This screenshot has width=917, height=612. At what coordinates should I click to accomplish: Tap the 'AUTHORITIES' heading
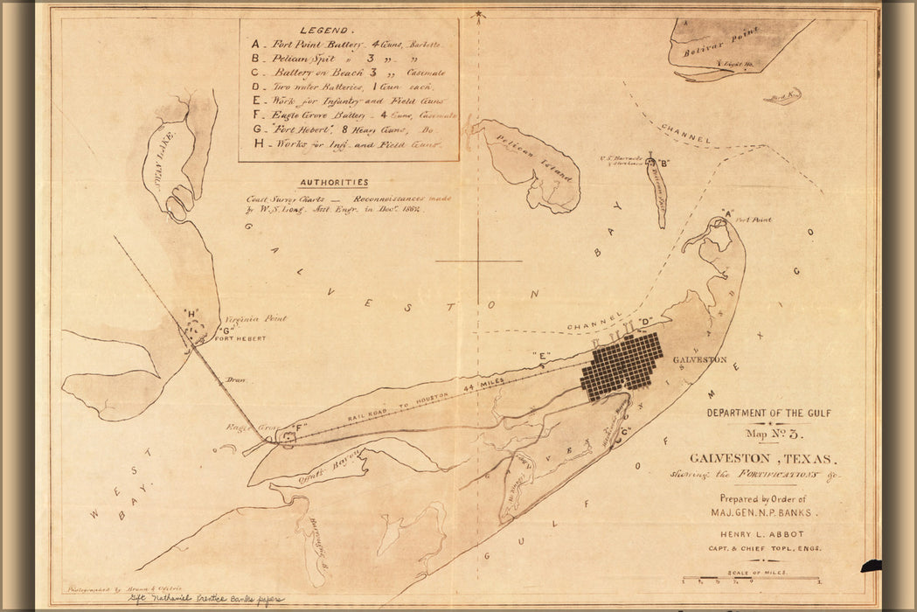pyautogui.click(x=333, y=183)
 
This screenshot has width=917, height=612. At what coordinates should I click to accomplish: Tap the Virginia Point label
pyautogui.click(x=255, y=320)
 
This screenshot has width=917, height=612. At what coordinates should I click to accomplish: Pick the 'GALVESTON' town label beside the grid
pyautogui.click(x=699, y=360)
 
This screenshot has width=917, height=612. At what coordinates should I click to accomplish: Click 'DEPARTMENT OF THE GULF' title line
pyautogui.click(x=768, y=414)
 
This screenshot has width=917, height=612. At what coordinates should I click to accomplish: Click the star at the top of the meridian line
pyautogui.click(x=478, y=14)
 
